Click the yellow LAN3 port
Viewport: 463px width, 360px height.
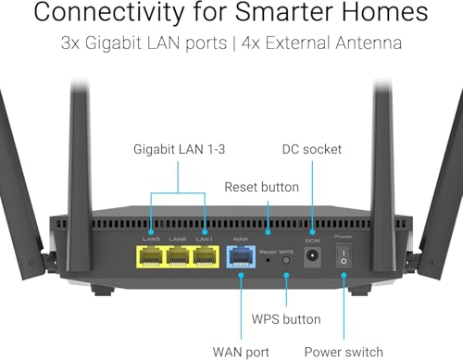click(151, 257)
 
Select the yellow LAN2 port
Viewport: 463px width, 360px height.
click(178, 257)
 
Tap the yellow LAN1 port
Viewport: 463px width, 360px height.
click(205, 257)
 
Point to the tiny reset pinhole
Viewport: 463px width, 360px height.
click(269, 261)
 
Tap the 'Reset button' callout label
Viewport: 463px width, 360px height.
click(262, 187)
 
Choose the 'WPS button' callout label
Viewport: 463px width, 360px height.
click(286, 319)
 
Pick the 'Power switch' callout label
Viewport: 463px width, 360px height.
click(344, 352)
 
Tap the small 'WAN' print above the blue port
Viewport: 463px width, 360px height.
click(240, 239)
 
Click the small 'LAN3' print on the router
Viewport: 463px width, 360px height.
click(151, 239)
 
